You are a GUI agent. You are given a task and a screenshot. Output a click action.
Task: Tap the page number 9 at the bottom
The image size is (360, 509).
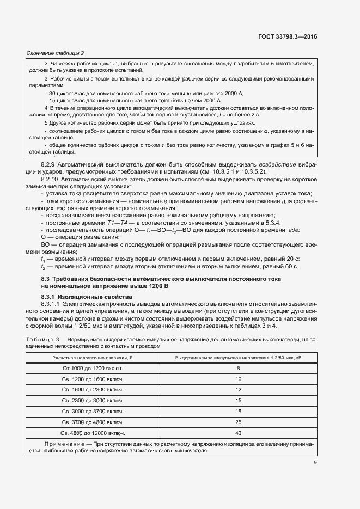(315, 463)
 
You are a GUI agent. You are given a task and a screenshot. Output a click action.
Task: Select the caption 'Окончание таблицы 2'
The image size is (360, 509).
(55, 53)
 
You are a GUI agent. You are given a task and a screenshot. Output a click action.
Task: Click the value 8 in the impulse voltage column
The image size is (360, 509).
(238, 369)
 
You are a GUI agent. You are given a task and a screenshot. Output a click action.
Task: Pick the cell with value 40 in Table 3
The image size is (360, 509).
(238, 433)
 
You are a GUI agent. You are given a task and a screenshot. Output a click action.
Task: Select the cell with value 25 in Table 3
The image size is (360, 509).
(238, 422)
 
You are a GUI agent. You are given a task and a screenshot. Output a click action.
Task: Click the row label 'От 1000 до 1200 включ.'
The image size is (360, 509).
(92, 369)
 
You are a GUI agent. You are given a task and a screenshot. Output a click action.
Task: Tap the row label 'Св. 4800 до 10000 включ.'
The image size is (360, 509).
(92, 433)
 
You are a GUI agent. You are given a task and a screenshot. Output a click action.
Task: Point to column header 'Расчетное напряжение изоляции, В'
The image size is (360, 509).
(92, 357)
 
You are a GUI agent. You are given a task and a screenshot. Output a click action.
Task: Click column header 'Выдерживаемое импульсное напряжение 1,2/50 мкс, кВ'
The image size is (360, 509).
(238, 357)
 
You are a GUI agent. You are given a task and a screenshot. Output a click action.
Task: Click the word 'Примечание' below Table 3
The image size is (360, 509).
(58, 444)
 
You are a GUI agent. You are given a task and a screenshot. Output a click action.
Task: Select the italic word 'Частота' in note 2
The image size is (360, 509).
(59, 64)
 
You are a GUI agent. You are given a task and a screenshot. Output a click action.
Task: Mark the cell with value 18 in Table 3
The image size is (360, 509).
(238, 411)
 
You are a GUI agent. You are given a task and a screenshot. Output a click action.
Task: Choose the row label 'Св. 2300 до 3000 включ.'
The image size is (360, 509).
(92, 401)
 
